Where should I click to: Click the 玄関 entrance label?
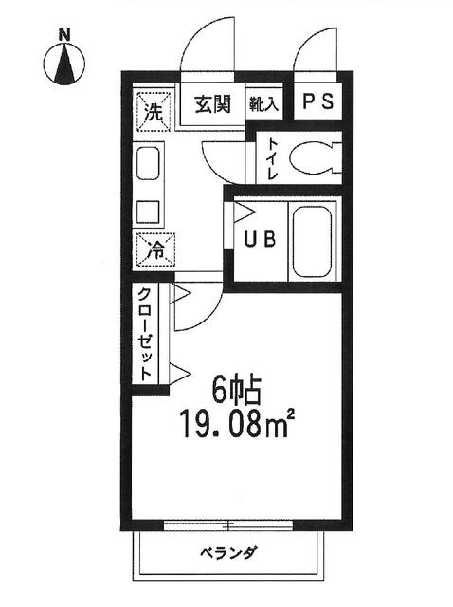213,105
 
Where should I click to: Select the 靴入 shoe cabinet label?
263,105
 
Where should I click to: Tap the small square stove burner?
147,210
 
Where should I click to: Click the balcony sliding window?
227,524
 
